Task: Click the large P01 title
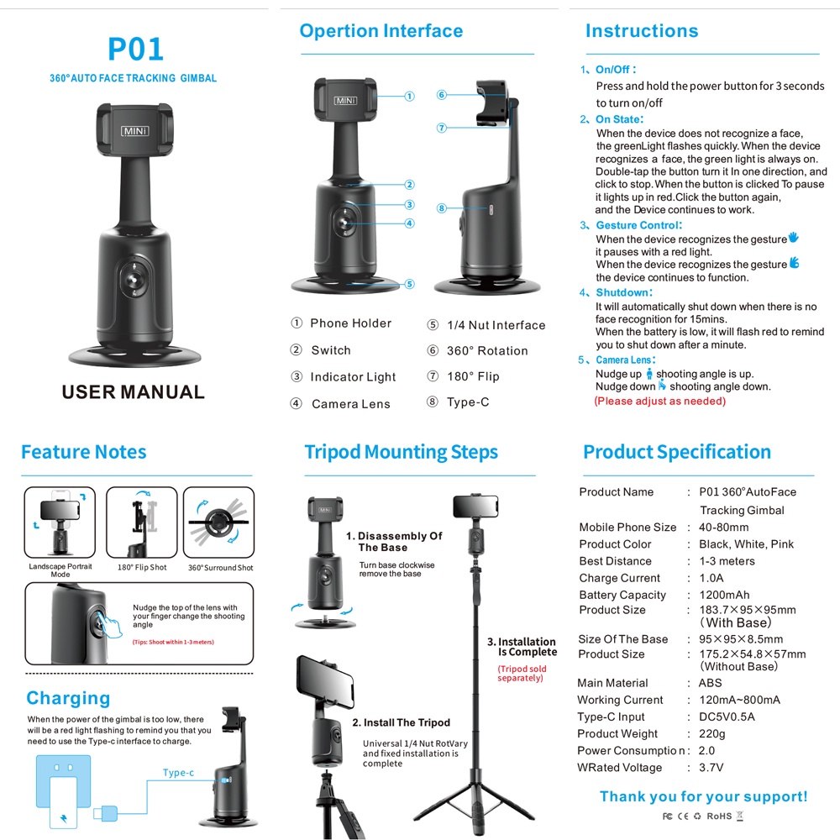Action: pos(135,49)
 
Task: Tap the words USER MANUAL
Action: pos(133,392)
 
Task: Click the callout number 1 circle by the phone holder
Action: pos(409,97)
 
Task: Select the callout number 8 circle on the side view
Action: pos(441,207)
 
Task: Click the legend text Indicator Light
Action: pos(353,377)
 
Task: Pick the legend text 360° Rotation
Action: pos(487,351)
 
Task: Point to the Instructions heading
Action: pos(642,31)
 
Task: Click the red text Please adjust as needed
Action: pos(660,401)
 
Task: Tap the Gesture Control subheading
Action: pos(638,225)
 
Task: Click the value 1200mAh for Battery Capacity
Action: pos(724,595)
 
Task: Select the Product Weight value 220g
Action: pos(712,733)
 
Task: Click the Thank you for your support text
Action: pos(703,796)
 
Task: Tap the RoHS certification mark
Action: pos(720,815)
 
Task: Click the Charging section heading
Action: pos(68,698)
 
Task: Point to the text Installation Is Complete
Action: pos(527,647)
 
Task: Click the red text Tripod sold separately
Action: pos(522,674)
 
